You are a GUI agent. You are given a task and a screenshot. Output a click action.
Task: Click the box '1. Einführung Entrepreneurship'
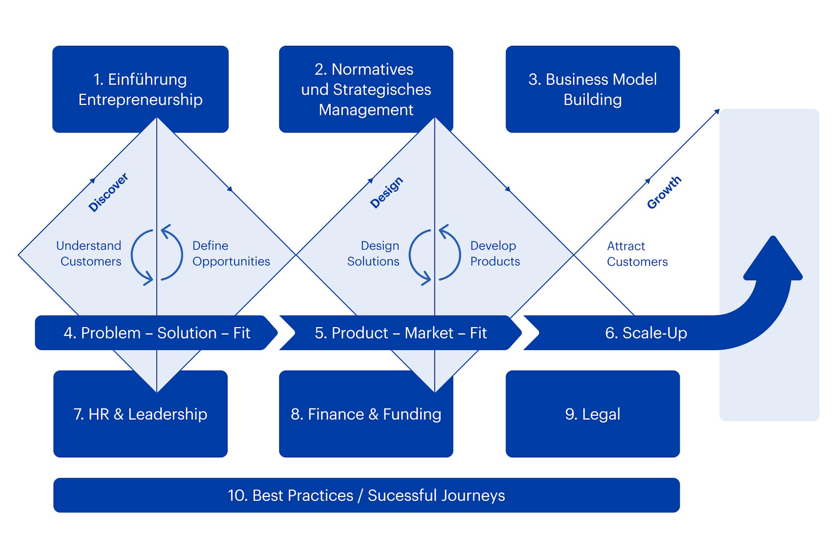coord(140,89)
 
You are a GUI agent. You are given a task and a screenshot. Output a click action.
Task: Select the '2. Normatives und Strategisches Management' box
coord(366,89)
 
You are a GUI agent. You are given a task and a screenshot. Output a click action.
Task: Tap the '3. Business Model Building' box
coord(592,89)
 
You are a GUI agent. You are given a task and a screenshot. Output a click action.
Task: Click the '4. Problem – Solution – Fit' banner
coord(157,333)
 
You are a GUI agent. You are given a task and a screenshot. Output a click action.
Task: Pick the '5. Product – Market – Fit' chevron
coord(400,333)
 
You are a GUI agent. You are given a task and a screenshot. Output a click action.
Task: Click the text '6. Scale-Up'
coord(646,333)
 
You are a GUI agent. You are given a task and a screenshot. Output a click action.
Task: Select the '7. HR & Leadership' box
coord(140,414)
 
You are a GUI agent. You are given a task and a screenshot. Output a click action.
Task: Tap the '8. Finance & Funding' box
coord(366,414)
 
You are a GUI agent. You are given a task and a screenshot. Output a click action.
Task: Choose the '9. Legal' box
coord(592,414)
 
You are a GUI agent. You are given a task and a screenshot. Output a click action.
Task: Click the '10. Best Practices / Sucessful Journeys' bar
coord(366,495)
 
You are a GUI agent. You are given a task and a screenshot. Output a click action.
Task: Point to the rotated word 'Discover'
coord(108,192)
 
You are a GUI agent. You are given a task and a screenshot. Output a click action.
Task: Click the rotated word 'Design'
coord(386,193)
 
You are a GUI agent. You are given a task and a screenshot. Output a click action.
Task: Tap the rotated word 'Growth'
coord(663,192)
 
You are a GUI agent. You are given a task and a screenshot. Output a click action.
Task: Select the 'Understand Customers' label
coord(89,253)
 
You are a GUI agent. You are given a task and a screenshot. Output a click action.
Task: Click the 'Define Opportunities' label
coord(231,253)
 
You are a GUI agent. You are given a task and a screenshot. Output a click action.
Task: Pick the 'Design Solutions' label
coord(374,253)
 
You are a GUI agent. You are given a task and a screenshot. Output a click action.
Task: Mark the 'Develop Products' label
coord(495,253)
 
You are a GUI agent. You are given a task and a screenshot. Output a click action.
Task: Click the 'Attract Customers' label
coord(637,254)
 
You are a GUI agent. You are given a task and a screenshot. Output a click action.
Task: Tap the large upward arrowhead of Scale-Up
coord(773,262)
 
